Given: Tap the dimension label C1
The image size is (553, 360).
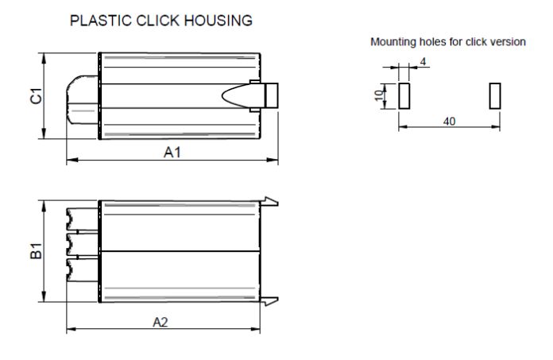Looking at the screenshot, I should click(36, 96).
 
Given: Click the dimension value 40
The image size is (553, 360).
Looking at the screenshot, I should click(449, 121).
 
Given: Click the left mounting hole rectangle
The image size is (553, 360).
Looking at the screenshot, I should click(403, 95).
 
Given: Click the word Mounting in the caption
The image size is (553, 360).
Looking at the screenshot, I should click(392, 41).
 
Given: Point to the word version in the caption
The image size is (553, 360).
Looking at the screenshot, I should click(506, 41).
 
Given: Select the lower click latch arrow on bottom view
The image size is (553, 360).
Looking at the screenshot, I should click(270, 300).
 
